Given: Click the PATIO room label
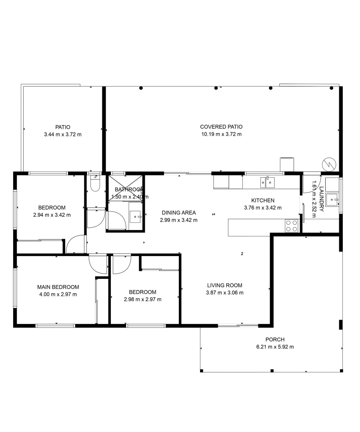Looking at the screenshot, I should (x=63, y=127).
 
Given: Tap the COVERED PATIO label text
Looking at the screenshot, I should (x=221, y=127).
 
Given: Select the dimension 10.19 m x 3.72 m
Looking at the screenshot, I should (x=221, y=134).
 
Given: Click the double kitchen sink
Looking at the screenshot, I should (x=267, y=183).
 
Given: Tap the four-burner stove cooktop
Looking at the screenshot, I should (x=292, y=226).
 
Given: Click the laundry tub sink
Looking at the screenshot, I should (x=332, y=199).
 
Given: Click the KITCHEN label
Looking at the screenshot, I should (x=262, y=200).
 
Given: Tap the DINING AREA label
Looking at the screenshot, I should (x=178, y=213).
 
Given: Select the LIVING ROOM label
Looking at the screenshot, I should (x=224, y=285).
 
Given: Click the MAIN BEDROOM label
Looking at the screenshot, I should (x=58, y=287).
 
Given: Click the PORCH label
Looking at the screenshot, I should (x=275, y=340).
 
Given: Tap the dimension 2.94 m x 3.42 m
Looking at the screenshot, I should (x=52, y=215).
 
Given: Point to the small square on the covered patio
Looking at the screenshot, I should (x=287, y=164).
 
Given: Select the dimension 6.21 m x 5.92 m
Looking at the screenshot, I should (x=275, y=347).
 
